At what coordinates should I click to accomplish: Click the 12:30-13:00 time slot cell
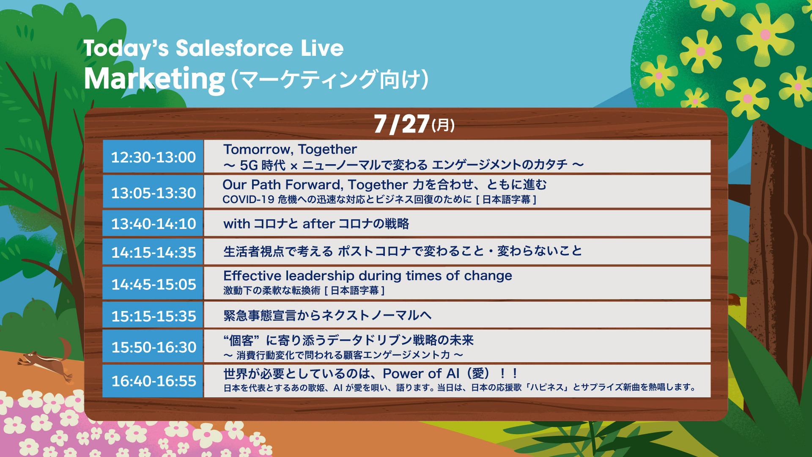153,157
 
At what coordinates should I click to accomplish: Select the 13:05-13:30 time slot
153,193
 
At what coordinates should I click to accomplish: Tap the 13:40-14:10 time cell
153,223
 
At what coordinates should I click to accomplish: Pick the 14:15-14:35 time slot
153,252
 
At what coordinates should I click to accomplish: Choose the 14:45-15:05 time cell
153,284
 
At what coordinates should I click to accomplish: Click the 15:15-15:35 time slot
153,316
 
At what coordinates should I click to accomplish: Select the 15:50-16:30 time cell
153,347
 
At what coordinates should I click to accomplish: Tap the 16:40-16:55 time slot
153,381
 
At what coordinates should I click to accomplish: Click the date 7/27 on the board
402,124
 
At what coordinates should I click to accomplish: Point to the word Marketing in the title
154,80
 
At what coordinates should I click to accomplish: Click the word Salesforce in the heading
234,48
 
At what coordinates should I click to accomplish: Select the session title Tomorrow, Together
290,149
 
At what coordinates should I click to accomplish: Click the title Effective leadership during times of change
368,275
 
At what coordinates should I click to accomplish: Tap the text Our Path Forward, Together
315,185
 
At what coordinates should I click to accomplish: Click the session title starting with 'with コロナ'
316,223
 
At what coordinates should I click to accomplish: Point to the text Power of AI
421,374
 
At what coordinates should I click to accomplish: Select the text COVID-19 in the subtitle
248,199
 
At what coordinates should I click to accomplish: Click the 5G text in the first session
249,165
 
